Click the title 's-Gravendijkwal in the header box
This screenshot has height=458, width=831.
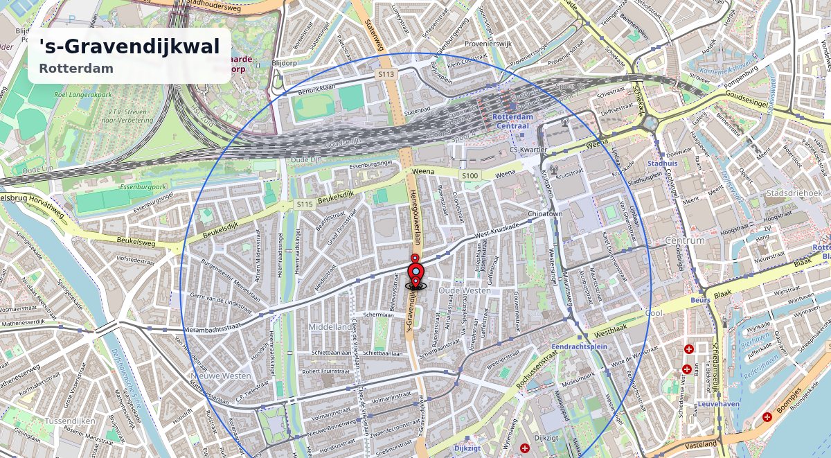129,46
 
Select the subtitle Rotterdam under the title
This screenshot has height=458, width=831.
76,69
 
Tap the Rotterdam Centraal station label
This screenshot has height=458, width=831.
512,121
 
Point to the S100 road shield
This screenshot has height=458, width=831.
470,176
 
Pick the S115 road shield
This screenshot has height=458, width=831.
305,204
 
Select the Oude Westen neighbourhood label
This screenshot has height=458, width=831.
464,290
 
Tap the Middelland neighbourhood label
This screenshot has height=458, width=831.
330,326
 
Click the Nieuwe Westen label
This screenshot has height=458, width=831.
220,376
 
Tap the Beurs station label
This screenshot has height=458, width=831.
701,301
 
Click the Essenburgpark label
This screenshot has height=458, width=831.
106,187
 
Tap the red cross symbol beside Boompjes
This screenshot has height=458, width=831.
767,417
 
